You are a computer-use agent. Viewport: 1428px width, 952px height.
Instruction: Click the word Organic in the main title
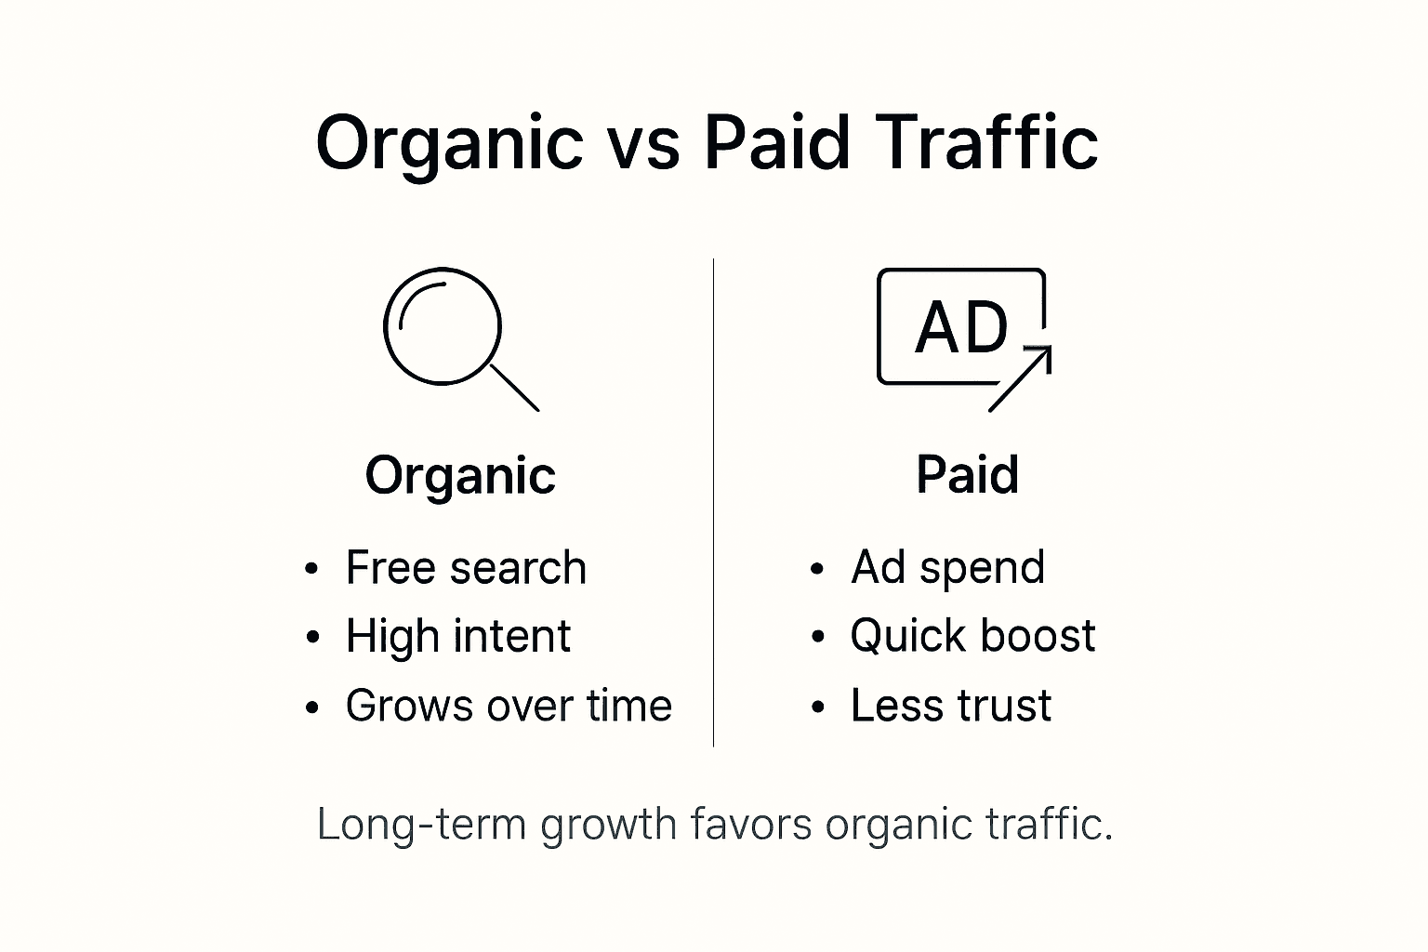coord(449,144)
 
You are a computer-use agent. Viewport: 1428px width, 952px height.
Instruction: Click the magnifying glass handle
coord(514,388)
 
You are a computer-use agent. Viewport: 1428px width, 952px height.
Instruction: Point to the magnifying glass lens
coord(443,326)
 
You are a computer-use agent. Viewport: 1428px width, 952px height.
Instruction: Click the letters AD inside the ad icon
coord(961,328)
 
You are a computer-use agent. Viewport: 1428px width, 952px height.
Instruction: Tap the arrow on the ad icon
coord(1020,377)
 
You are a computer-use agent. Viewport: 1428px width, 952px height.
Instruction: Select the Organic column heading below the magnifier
coord(460,476)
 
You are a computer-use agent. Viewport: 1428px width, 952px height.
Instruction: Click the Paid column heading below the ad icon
coord(967,475)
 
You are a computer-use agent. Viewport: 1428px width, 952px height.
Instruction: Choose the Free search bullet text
coord(466,567)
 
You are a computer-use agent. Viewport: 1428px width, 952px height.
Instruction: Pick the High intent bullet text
coord(457,637)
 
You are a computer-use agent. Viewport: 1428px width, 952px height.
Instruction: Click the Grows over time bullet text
coord(509,706)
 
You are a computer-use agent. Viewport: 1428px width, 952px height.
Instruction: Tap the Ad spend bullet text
coord(947,567)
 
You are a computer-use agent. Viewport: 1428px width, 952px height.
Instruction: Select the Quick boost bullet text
coord(972,637)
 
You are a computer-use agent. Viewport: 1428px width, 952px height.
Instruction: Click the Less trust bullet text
coord(950,706)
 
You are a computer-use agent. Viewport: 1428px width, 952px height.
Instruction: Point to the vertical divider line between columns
coord(713,502)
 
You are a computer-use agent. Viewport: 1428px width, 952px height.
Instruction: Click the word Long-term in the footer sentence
coord(421,825)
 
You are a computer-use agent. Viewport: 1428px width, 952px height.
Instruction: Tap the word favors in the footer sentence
coord(750,825)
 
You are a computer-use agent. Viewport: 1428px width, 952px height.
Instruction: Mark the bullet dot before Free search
coord(312,569)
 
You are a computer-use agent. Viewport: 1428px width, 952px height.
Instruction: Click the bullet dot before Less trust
coord(818,707)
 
